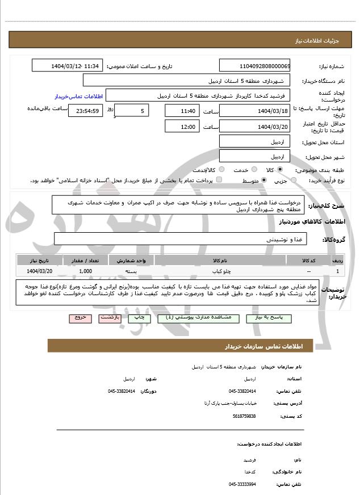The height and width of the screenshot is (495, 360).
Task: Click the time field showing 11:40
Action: (182, 111)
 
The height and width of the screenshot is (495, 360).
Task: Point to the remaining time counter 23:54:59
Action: (86, 111)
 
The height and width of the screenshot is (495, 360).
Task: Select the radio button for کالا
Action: (280, 170)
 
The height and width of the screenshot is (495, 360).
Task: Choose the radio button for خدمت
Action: (253, 170)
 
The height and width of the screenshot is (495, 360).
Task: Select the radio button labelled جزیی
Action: (294, 181)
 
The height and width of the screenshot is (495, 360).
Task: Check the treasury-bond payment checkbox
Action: (219, 181)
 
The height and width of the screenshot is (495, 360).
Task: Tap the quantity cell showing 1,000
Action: (86, 271)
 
